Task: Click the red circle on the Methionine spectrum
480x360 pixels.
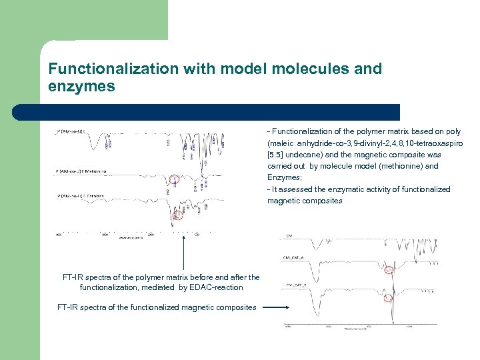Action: (174, 179)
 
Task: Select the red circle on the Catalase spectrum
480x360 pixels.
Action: (177, 215)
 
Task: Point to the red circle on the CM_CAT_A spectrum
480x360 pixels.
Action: (390, 270)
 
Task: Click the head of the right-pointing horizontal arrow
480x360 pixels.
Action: (287, 307)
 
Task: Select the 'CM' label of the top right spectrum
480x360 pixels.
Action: (289, 235)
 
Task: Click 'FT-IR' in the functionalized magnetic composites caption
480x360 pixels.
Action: (69, 307)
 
